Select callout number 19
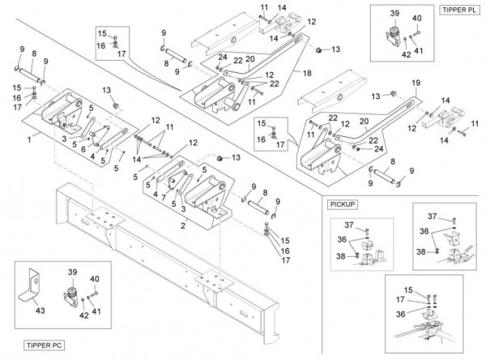(416, 83)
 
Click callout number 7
(164, 197)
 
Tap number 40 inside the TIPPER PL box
(417, 17)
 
